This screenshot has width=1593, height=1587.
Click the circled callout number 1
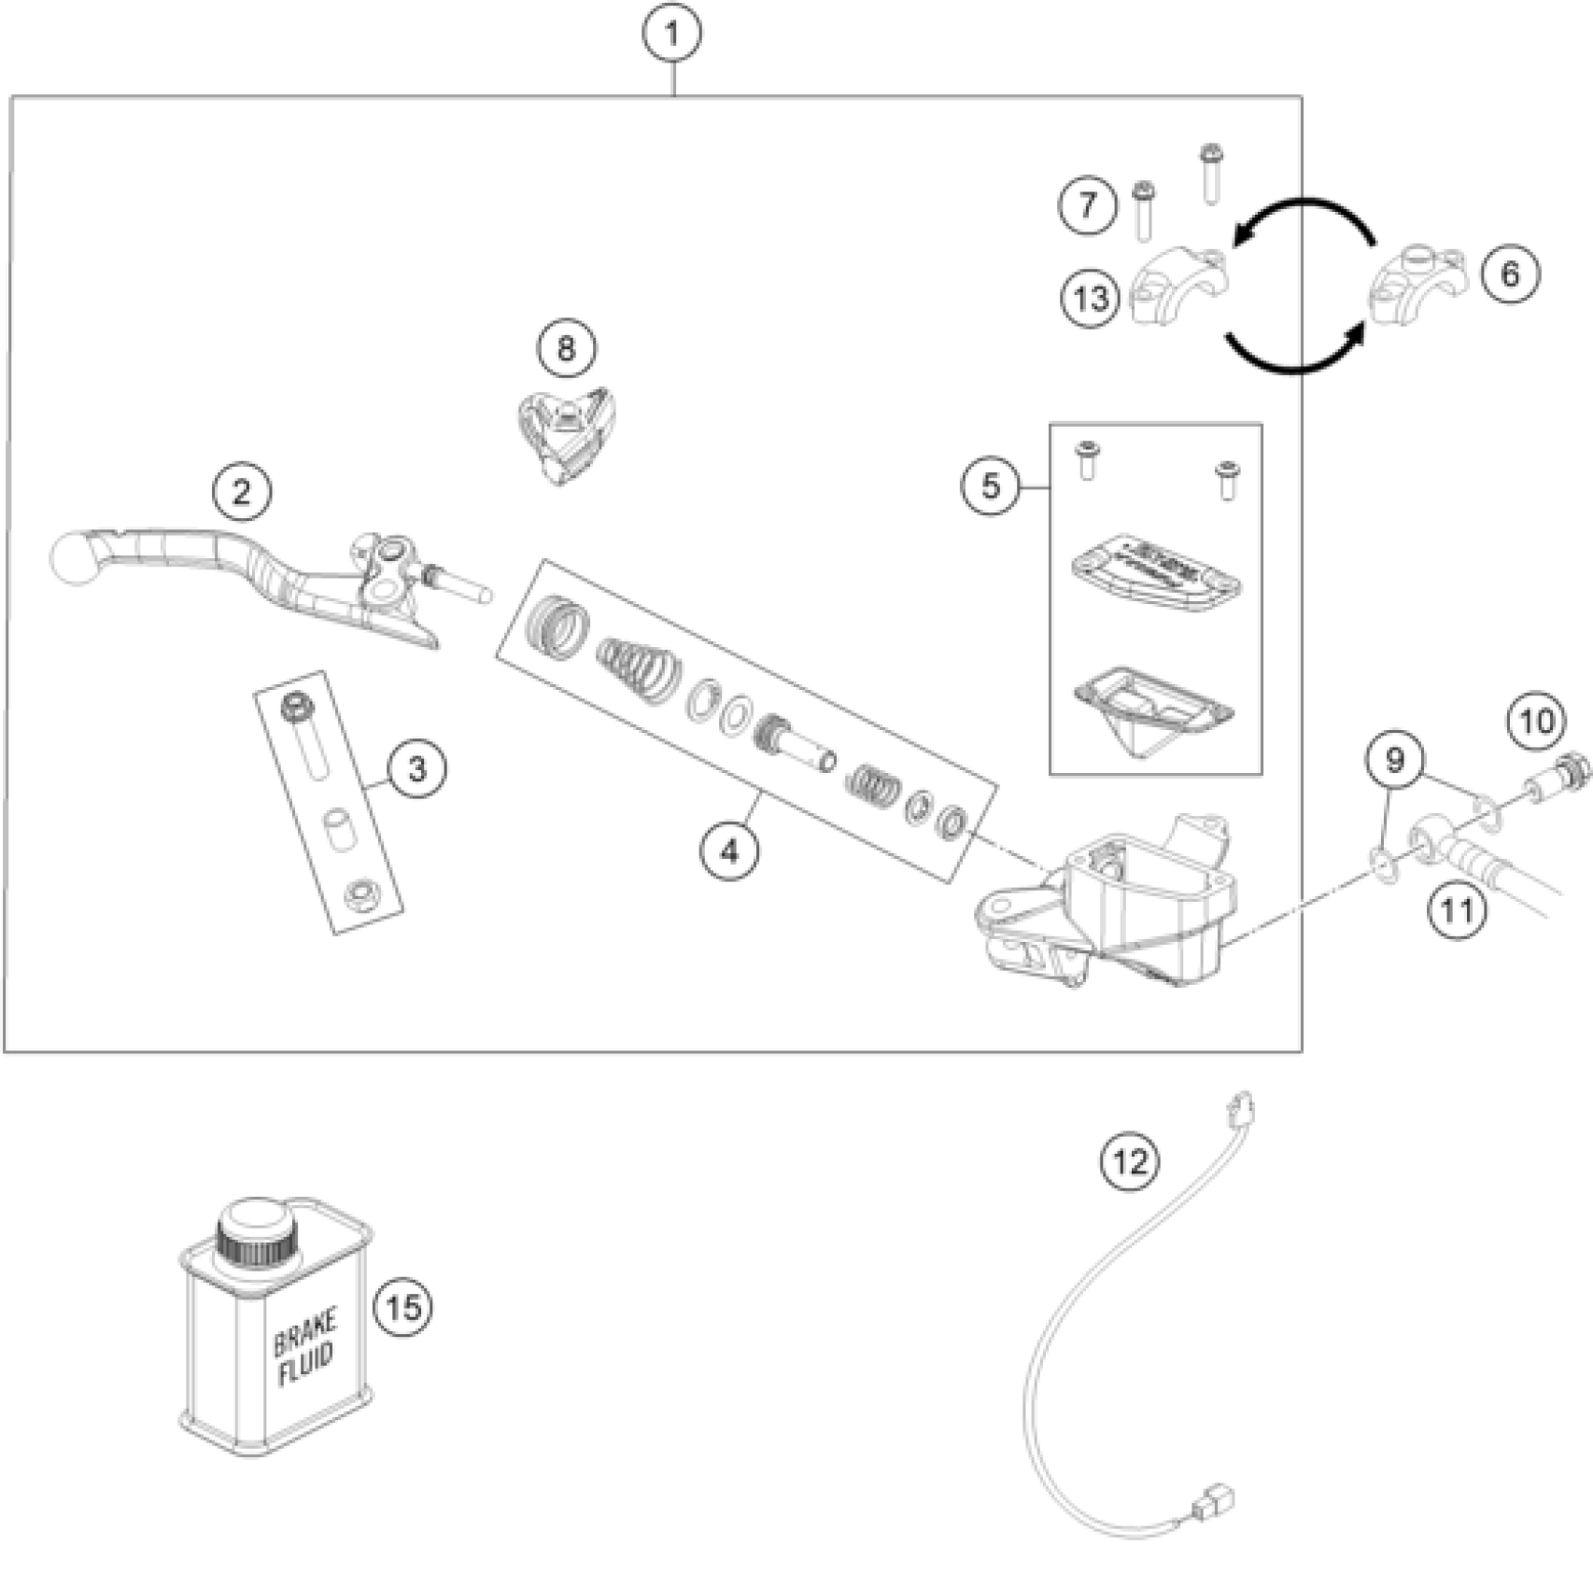671,35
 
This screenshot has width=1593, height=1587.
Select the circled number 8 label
566,348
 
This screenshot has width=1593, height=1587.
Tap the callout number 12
1130,1161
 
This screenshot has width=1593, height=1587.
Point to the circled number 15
403,1307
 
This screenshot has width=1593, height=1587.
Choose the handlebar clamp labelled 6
1417,283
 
